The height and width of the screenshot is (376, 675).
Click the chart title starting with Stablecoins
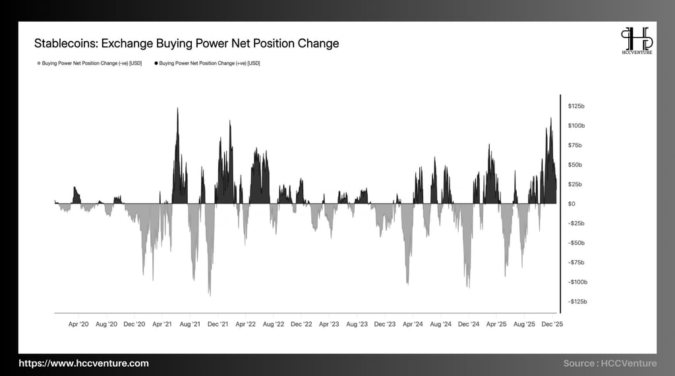(x=187, y=43)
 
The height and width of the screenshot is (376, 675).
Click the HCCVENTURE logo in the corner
(x=636, y=41)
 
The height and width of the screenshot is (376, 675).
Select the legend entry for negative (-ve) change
(x=90, y=63)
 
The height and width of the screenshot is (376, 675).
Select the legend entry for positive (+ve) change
(x=207, y=63)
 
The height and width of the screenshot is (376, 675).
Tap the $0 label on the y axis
(x=572, y=203)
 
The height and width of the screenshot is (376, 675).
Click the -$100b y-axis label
(x=577, y=282)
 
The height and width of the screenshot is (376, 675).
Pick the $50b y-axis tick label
(x=575, y=165)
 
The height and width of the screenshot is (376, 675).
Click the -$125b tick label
(x=577, y=302)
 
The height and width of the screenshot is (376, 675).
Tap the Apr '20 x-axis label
(x=78, y=324)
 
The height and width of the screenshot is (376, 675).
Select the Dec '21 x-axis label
(x=218, y=324)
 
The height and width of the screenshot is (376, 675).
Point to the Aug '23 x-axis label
(x=357, y=324)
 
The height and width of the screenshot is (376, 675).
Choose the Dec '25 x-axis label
(x=551, y=324)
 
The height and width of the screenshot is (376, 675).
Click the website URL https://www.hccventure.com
(x=84, y=363)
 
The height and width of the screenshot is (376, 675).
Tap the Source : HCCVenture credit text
(x=610, y=363)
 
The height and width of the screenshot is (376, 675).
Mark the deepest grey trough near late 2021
(x=210, y=293)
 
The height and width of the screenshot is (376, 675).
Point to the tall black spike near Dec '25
(x=551, y=121)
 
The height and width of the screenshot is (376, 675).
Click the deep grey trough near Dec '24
(x=468, y=285)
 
